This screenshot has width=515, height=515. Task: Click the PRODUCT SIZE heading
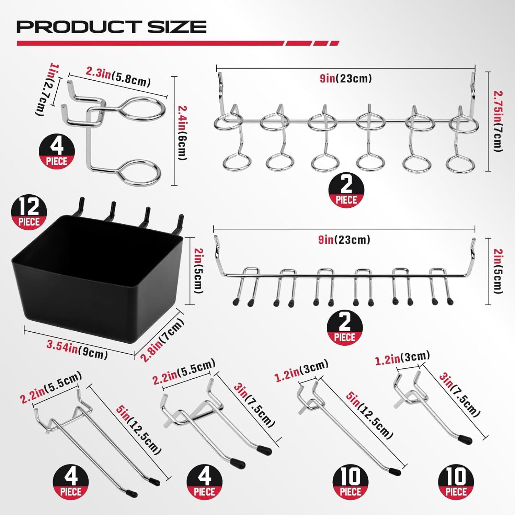112,27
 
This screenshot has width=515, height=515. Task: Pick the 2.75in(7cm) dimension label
498,121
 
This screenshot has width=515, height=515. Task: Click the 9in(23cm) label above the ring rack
346,79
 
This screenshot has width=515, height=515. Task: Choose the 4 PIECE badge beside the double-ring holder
56,151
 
